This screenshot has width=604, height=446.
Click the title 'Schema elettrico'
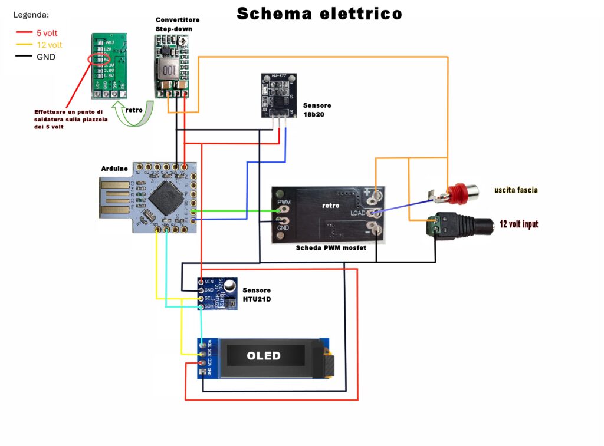pos(319,14)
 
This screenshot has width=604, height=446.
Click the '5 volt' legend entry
pos(47,34)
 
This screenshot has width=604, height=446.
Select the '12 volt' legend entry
pos(49,45)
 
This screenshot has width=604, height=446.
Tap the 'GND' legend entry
pos(46,57)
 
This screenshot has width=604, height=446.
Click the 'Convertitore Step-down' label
pos(178,24)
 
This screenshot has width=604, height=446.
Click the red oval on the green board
pos(97,61)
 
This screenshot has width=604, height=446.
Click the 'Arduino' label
pos(114,169)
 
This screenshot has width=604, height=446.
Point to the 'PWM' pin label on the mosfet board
pos(283,202)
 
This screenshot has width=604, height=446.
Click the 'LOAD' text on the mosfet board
pos(357,213)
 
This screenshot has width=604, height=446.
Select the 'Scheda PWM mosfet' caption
pos(331,248)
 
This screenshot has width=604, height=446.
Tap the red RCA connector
pos(459,192)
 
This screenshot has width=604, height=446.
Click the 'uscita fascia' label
pos(516,190)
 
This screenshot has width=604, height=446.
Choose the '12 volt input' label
pos(518,224)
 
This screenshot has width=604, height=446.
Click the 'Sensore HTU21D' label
pos(257,295)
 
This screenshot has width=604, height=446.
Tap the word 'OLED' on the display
pos(264,355)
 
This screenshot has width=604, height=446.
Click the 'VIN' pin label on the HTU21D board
pos(209,282)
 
